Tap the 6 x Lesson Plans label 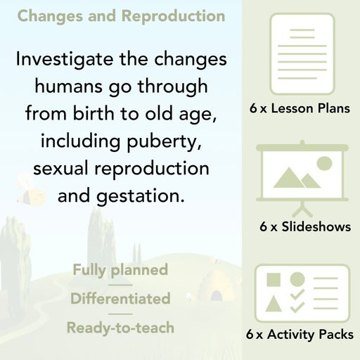[x=300, y=109]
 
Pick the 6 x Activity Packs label [x=300, y=335]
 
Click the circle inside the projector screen [x=324, y=165]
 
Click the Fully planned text [x=120, y=270]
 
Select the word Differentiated [x=120, y=299]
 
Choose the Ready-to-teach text [x=120, y=328]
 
